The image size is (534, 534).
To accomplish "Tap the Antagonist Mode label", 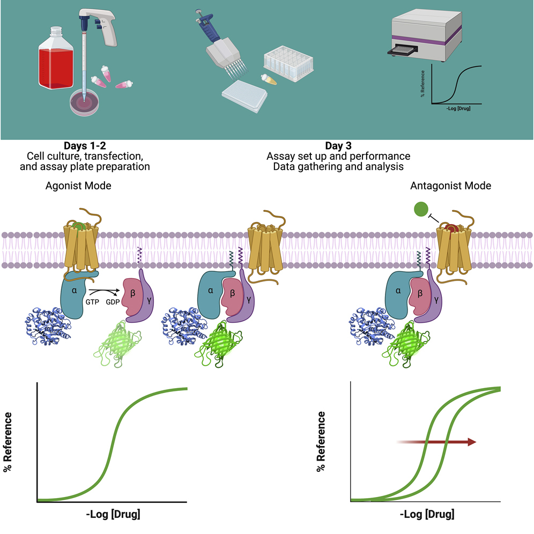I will tap(450, 186).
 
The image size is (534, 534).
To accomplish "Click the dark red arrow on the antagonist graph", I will tap(437, 441).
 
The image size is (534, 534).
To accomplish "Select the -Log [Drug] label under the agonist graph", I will tap(113, 515).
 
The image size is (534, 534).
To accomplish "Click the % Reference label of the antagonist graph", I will tap(321, 441).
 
